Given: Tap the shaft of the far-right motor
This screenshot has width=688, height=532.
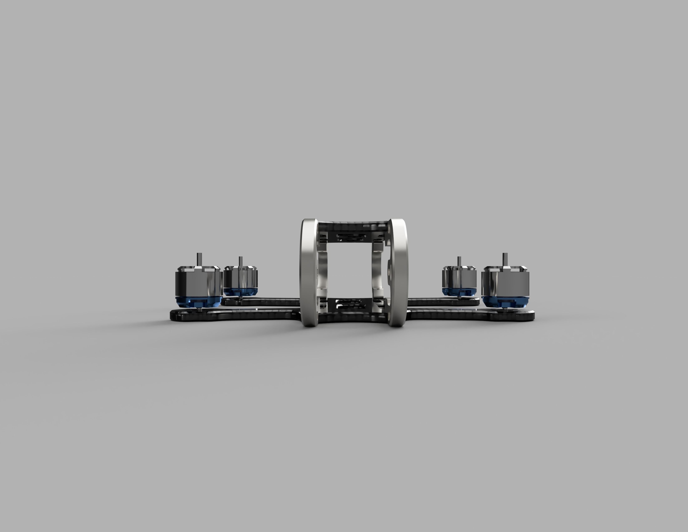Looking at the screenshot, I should [505, 260].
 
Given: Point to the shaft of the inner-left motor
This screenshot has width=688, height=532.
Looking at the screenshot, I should [241, 262].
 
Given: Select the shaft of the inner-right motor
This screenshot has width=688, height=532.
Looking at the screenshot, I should [459, 262].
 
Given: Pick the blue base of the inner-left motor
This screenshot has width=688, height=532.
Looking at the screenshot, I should [241, 291].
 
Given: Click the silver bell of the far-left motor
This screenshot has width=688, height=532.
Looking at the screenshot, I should [199, 282].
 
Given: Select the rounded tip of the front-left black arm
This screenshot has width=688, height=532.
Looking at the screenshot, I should [176, 315].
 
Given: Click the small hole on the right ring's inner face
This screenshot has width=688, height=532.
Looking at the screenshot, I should [389, 270].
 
